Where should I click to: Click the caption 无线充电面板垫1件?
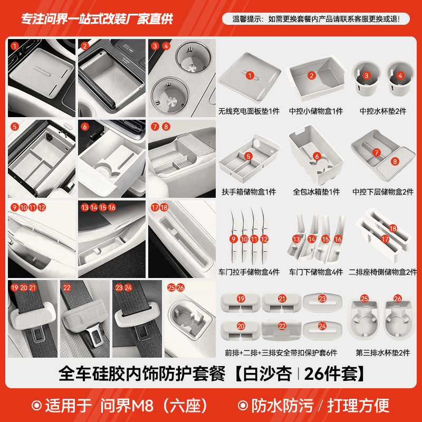pyautogui.click(x=249, y=112)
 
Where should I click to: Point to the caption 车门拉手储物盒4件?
pyautogui.click(x=249, y=272)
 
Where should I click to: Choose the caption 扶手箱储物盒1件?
pyautogui.click(x=249, y=192)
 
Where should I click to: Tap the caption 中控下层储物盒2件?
pyautogui.click(x=383, y=192)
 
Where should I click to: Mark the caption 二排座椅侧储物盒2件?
pyautogui.click(x=383, y=272)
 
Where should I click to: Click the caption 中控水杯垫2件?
pyautogui.click(x=383, y=112)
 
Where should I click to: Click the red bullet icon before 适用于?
pyautogui.click(x=36, y=406)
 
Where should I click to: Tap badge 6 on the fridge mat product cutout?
pyautogui.click(x=316, y=156)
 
